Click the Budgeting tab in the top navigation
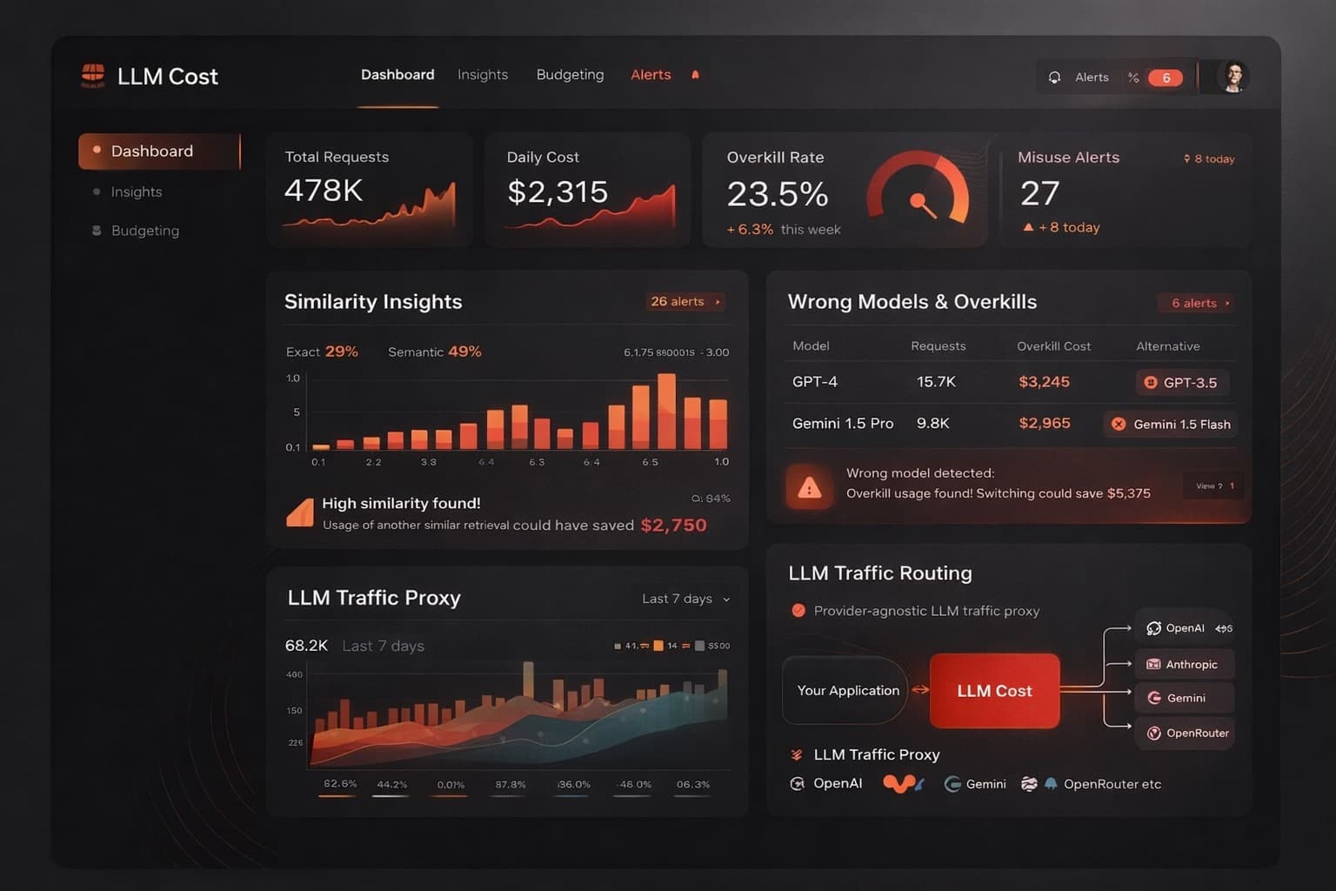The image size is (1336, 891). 570,75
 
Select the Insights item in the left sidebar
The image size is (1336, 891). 137,191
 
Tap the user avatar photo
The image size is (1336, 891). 1232,77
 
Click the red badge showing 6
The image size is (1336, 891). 1166,77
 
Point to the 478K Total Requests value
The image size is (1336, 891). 324,191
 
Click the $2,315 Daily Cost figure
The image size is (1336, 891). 558,192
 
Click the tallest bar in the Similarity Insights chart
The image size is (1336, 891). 667,411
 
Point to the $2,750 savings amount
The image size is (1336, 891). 673,525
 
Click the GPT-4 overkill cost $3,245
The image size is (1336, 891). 1044,382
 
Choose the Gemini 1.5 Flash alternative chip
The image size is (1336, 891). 1172,424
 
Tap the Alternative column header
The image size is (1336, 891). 1167,346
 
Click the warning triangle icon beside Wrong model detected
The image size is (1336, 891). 809,487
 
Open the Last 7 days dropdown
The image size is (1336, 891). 685,599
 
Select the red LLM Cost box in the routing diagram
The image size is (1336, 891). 994,691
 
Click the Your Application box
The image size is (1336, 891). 847,691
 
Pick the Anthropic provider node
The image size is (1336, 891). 1184,665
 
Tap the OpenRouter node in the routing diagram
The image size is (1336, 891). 1186,733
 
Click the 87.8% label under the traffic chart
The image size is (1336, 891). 511,785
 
